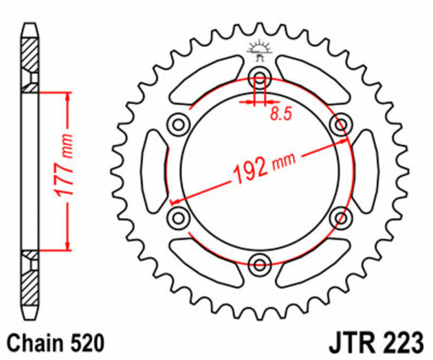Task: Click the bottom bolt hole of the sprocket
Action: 260,264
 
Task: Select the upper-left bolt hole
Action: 179,124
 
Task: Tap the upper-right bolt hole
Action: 340,124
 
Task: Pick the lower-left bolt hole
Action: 179,218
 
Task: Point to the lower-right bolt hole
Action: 340,218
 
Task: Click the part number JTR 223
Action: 384,341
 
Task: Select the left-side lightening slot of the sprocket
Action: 152,170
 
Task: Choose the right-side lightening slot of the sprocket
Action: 366,170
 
